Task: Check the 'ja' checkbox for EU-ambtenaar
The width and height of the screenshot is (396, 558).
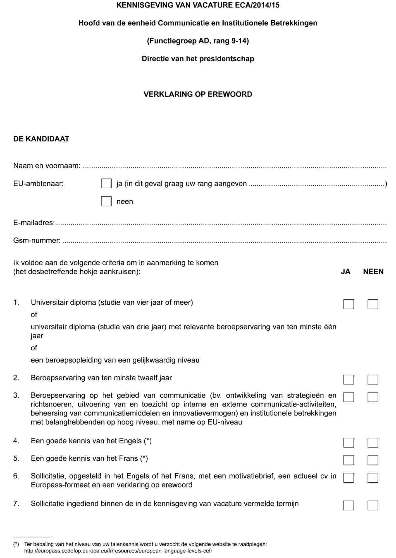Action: [106, 184]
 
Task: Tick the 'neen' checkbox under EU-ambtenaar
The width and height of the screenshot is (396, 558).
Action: [106, 201]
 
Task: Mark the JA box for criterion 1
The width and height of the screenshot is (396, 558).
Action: [349, 304]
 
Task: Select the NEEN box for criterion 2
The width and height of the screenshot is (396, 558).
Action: [373, 379]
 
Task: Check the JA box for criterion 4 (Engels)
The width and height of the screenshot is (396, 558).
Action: [349, 442]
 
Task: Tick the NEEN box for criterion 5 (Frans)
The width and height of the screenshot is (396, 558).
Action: [373, 460]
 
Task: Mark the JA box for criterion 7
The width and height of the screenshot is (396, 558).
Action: [349, 505]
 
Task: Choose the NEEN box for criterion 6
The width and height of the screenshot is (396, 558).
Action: [373, 478]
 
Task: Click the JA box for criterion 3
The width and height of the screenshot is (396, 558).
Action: [349, 397]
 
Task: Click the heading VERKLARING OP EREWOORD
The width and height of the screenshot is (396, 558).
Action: [198, 94]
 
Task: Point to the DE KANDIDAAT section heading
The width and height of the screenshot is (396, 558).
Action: [41, 139]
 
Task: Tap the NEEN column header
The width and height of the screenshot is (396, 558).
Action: [373, 271]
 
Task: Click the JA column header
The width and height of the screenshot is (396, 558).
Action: [345, 271]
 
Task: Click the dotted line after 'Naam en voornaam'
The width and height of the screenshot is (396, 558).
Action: [235, 167]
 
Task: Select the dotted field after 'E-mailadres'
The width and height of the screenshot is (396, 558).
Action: [221, 224]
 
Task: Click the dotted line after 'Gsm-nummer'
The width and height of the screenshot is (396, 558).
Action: [223, 241]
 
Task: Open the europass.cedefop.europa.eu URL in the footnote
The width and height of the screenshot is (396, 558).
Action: [118, 551]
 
